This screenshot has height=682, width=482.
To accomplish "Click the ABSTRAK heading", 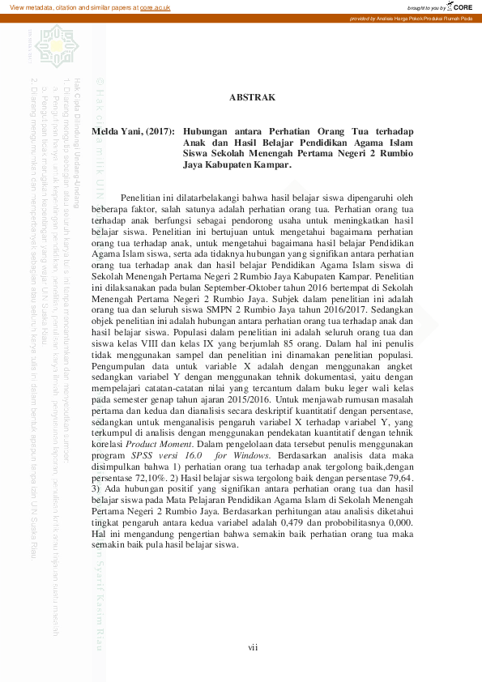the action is coord(252,97).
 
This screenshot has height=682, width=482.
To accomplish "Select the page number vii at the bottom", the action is coord(253,646).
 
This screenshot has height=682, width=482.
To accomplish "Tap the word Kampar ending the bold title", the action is coord(269,165).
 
